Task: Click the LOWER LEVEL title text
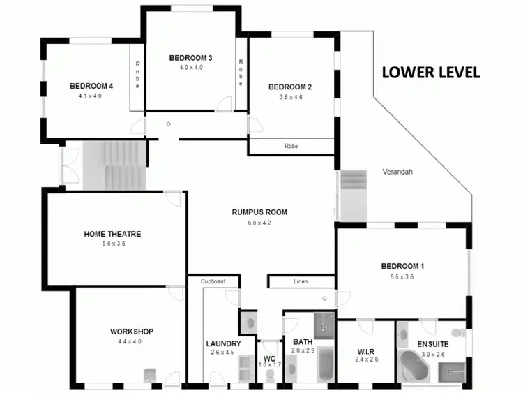[430, 73]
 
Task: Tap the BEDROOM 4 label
[91, 86]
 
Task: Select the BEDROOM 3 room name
[190, 58]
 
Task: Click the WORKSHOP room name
[131, 332]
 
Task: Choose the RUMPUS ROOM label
[259, 212]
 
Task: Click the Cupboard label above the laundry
[214, 281]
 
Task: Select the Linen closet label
[301, 282]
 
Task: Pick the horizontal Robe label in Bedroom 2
[291, 147]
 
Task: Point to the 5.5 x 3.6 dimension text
[402, 276]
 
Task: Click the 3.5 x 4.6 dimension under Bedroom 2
[290, 98]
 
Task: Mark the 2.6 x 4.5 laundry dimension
[223, 353]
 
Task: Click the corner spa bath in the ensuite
[416, 366]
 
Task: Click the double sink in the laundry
[243, 366]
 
